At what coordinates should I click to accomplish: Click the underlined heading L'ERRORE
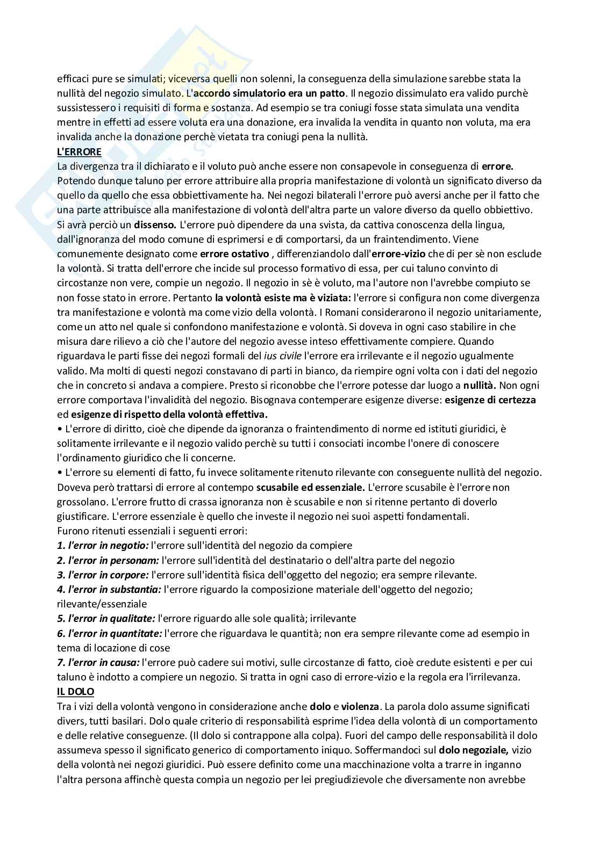tap(79, 152)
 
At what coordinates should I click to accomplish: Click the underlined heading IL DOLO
tap(75, 692)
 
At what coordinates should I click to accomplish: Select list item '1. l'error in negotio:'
tap(103, 546)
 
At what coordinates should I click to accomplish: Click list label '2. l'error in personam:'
tap(108, 560)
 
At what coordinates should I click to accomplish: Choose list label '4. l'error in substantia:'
tap(109, 589)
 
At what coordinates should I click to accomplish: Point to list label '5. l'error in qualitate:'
tap(106, 619)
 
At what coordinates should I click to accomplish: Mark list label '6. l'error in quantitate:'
tap(109, 633)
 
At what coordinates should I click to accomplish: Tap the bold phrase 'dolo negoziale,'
tap(474, 750)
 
